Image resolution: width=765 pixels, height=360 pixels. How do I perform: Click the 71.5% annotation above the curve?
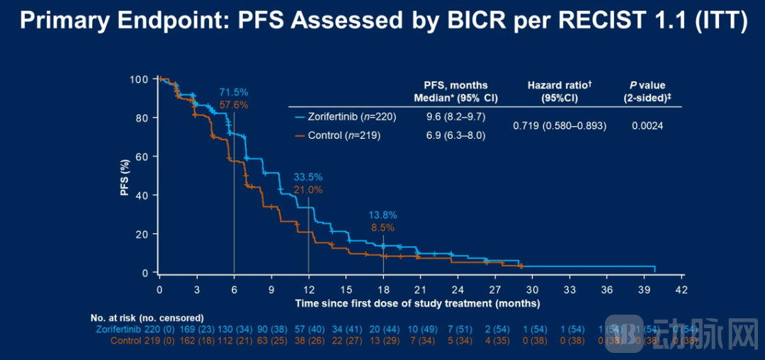point(233,93)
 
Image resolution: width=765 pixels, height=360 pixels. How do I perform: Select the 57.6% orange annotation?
point(233,105)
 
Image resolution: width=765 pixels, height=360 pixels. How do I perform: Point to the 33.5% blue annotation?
point(308,177)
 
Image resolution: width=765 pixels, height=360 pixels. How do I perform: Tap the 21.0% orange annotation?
point(308,189)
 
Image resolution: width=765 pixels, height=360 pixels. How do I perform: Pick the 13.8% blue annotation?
point(382,215)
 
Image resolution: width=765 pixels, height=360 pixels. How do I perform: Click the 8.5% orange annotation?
point(382,227)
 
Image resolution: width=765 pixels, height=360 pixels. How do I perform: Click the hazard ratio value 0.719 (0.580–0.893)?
point(560,125)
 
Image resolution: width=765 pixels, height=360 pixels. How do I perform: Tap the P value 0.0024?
point(647,125)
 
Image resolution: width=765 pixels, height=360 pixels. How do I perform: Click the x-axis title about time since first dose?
point(418,303)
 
